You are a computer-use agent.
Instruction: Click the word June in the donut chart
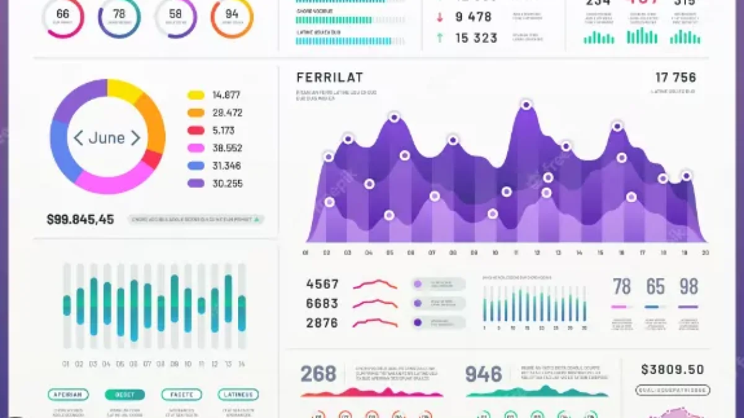click(x=107, y=138)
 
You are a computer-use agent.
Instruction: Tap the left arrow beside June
click(x=78, y=138)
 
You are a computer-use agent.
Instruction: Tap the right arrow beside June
click(x=135, y=138)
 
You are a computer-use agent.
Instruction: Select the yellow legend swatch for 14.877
click(x=196, y=95)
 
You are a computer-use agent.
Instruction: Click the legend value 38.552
click(x=227, y=149)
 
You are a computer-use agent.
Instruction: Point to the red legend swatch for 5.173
click(x=196, y=131)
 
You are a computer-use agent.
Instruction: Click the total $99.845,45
click(x=80, y=219)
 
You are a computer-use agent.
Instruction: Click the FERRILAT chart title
click(x=330, y=78)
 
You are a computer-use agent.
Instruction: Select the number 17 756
click(x=676, y=78)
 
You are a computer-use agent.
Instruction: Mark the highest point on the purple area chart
click(x=526, y=105)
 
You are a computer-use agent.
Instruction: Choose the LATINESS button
click(x=238, y=394)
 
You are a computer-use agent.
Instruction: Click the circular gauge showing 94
click(x=232, y=17)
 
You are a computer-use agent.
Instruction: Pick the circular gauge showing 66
click(x=63, y=17)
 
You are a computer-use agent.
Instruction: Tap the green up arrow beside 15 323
click(x=440, y=38)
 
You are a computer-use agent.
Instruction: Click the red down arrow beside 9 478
click(x=440, y=17)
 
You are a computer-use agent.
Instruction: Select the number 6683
click(x=322, y=303)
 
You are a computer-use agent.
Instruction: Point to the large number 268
click(x=318, y=374)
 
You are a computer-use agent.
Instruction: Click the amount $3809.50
click(x=673, y=370)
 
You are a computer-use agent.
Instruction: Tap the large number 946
click(x=484, y=374)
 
